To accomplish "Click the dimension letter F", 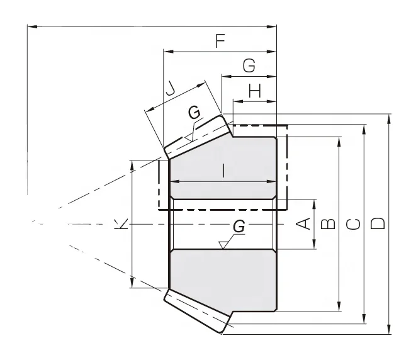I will pyautogui.click(x=220, y=42).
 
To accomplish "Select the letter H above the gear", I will pyautogui.click(x=254, y=91).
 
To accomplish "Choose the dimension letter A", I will pyautogui.click(x=303, y=224).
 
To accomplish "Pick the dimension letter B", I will pyautogui.click(x=327, y=224).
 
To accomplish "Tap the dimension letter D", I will pyautogui.click(x=378, y=224).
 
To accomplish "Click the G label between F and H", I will pyautogui.click(x=249, y=65).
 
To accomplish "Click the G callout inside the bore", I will pyautogui.click(x=239, y=225).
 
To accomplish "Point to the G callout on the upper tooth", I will pyautogui.click(x=195, y=113).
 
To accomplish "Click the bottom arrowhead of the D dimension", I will pyautogui.click(x=390, y=330).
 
